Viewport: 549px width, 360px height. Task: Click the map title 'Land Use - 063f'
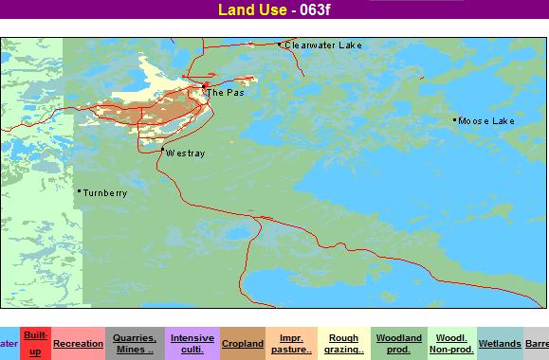pos(275,10)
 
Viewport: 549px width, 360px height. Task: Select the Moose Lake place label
pos(485,121)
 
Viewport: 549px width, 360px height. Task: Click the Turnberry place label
pos(104,192)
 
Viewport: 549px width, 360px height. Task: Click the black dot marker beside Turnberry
pos(78,191)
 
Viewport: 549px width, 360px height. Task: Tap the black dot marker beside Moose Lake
pos(454,120)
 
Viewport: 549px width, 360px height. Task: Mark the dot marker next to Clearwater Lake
pos(279,44)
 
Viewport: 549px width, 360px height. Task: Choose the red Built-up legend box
pos(35,343)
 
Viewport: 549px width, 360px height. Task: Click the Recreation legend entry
pos(78,343)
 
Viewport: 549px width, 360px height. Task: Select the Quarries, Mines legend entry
pos(134,343)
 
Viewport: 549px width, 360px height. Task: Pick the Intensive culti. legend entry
pos(192,343)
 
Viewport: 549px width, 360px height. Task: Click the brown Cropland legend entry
pos(242,343)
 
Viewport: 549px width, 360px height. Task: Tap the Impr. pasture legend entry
pos(291,343)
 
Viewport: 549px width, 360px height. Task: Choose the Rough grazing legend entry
pos(343,343)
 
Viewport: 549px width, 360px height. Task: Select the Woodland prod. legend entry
pos(398,343)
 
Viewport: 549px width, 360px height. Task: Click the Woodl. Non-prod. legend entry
pos(451,343)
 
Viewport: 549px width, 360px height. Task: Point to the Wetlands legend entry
pos(499,343)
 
